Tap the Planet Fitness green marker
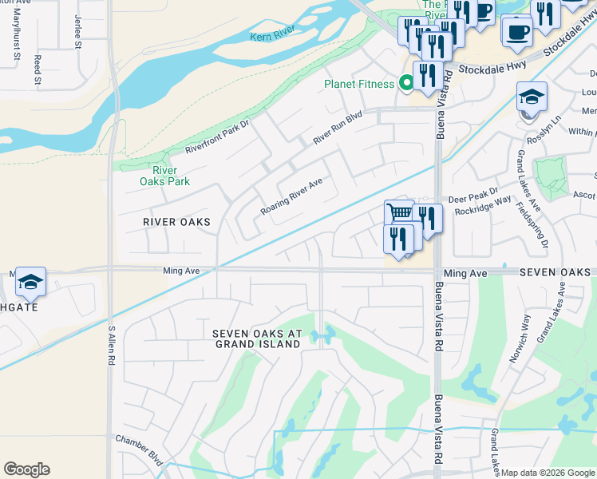tap(406, 83)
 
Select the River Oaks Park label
tap(165, 176)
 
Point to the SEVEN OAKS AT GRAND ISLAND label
tap(257, 338)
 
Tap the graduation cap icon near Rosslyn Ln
tap(532, 97)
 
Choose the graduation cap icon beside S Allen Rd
tap(30, 282)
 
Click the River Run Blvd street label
tap(338, 128)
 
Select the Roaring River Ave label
tap(291, 196)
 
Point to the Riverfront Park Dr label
tap(217, 137)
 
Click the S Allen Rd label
tap(111, 345)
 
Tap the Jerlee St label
tap(78, 31)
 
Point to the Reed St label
tap(37, 70)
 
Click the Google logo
tap(26, 469)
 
